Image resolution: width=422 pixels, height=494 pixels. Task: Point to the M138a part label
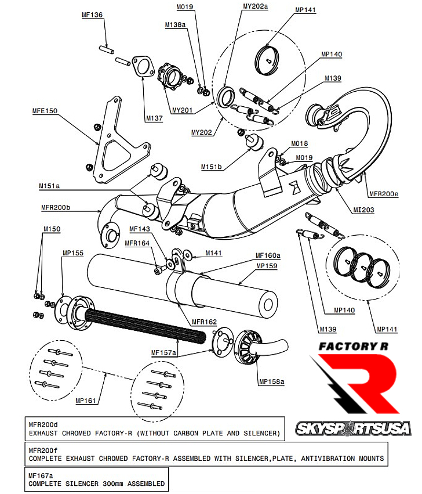pos(176,25)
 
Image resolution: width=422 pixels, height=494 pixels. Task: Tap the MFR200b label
pos(56,207)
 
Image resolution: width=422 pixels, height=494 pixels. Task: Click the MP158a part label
pos(271,381)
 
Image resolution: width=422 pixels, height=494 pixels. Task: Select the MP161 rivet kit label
pos(86,400)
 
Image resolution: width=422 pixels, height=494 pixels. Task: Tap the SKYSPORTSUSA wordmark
pos(353,429)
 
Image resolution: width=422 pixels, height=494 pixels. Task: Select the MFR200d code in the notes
pos(43,424)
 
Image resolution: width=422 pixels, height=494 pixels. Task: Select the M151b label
pos(212,167)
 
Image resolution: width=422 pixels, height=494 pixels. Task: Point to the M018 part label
pos(300,143)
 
